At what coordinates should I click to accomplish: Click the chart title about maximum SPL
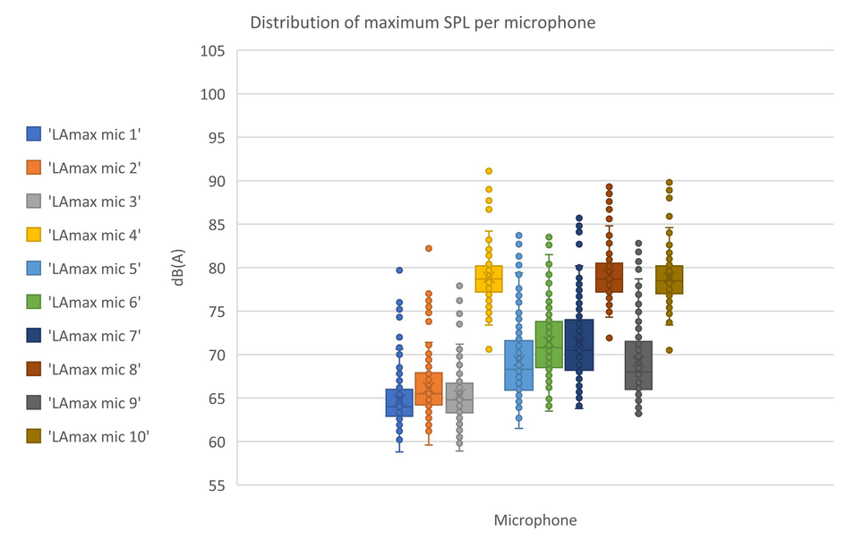[x=422, y=21]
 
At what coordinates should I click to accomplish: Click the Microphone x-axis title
[x=535, y=519]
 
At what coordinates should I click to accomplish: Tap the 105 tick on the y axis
[x=211, y=50]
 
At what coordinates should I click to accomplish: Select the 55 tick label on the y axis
[x=215, y=485]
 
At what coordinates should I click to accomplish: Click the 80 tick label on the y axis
[x=215, y=268]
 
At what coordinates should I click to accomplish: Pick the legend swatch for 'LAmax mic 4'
[x=35, y=235]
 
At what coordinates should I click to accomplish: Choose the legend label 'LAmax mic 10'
[x=98, y=436]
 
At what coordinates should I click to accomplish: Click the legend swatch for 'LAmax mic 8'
[x=35, y=369]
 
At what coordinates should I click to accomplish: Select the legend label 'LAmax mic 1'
[x=94, y=134]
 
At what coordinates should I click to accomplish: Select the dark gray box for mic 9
[x=638, y=365]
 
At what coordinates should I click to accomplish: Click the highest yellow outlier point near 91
[x=489, y=171]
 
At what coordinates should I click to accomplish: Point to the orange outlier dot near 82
[x=429, y=248]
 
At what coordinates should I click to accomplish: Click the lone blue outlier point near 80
[x=399, y=270]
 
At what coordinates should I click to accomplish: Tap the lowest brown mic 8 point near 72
[x=609, y=338]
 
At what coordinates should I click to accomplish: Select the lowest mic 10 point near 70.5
[x=669, y=350]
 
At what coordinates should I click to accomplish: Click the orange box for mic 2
[x=429, y=389]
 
